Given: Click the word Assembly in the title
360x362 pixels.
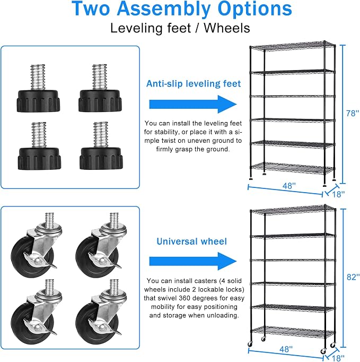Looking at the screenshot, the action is (x=164, y=9).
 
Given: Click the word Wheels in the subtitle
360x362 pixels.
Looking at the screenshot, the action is (x=227, y=28).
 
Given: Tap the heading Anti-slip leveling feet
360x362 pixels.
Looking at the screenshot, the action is (x=194, y=83).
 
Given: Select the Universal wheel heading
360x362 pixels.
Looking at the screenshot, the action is (x=191, y=242).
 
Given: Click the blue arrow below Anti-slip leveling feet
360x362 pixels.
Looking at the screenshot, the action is (x=193, y=104).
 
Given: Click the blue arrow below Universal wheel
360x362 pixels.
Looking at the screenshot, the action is (x=193, y=261).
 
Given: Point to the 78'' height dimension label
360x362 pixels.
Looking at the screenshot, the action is (x=353, y=114).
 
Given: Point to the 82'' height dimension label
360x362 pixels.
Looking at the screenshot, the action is (x=353, y=277).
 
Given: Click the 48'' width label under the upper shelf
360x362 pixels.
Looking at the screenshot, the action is (x=289, y=186).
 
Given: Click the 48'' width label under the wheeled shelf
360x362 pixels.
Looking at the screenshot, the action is (x=286, y=349).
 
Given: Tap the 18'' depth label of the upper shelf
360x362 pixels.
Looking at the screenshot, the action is (x=338, y=194).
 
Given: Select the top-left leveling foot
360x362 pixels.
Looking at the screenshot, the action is (x=38, y=89).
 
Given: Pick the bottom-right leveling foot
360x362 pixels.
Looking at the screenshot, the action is (x=101, y=145).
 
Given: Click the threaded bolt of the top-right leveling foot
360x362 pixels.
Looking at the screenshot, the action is (x=100, y=77).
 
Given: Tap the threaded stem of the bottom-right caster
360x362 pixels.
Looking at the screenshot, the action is (x=114, y=286).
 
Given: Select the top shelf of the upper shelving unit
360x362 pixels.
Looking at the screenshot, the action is (x=292, y=46).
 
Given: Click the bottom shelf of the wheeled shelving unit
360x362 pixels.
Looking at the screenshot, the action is (x=293, y=331).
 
